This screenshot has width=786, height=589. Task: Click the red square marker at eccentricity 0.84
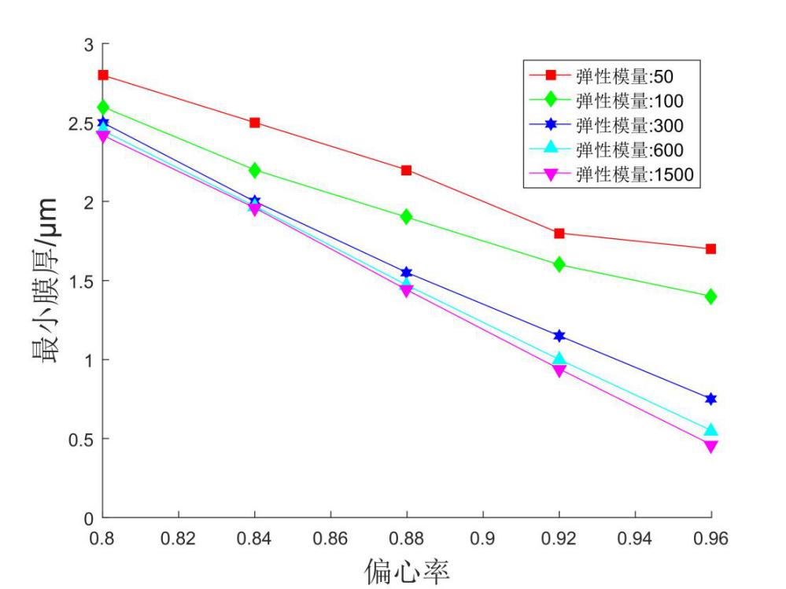point(255,123)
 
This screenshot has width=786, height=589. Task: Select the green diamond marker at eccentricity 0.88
point(407,216)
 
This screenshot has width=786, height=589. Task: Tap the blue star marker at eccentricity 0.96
point(711,399)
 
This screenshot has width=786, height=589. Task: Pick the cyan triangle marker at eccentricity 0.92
point(559,360)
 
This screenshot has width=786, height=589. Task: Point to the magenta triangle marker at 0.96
point(711,447)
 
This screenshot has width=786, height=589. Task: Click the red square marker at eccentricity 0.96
point(711,248)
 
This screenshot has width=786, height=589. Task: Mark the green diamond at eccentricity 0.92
point(559,264)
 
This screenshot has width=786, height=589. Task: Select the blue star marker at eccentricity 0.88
point(407,273)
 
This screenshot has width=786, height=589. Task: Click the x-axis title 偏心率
point(407,568)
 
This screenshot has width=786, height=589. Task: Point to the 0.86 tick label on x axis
point(331,539)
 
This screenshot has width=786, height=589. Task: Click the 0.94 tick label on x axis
point(636,539)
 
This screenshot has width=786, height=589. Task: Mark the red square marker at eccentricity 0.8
point(103,75)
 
